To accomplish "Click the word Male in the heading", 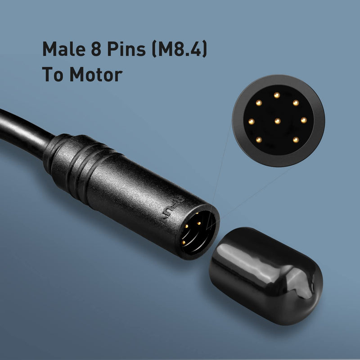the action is click(x=64, y=49).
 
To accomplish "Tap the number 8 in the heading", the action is click(x=96, y=49).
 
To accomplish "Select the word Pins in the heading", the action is click(x=126, y=49).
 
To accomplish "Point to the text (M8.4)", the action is click(x=180, y=49).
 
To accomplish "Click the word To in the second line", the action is click(x=53, y=74).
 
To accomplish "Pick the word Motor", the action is click(x=96, y=74).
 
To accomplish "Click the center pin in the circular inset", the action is click(x=278, y=121).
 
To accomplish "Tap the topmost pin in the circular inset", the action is click(x=277, y=95).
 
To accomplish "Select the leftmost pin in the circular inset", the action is click(x=252, y=121).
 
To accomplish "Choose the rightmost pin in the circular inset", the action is click(x=304, y=120).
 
